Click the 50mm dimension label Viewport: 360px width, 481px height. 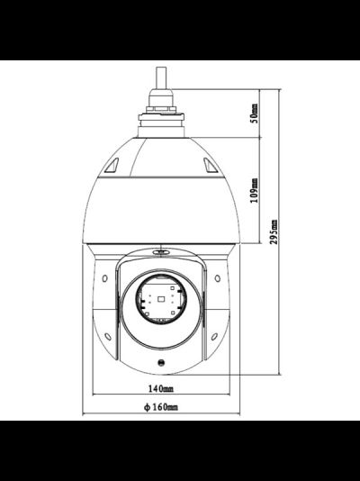coord(255,113)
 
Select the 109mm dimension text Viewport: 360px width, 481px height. coord(255,191)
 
